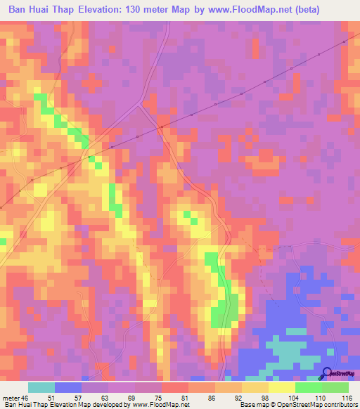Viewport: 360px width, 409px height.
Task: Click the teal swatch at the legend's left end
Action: tap(41, 387)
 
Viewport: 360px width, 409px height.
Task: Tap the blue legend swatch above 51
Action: tap(68, 387)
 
